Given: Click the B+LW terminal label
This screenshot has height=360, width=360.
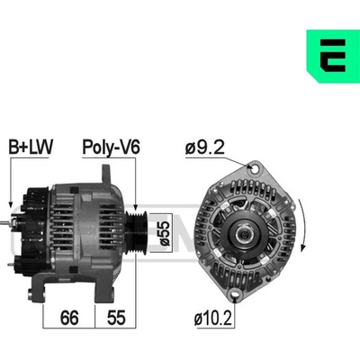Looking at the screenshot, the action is point(31,147).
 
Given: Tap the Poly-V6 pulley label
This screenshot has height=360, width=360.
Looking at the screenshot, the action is point(112,148).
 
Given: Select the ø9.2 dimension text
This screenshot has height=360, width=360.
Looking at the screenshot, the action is point(205,147).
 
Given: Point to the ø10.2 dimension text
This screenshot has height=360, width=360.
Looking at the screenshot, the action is point(213,319).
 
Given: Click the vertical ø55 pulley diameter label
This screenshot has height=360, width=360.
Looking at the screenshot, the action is point(165,233).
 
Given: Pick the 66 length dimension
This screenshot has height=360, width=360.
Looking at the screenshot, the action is point(69,318).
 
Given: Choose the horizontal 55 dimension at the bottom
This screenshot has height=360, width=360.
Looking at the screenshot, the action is point(116,318).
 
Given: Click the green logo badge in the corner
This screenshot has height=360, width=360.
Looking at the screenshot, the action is point(333,56).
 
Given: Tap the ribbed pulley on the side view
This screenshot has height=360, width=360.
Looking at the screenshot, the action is point(136,233).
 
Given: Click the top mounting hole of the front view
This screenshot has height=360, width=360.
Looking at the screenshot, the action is point(255,169).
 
